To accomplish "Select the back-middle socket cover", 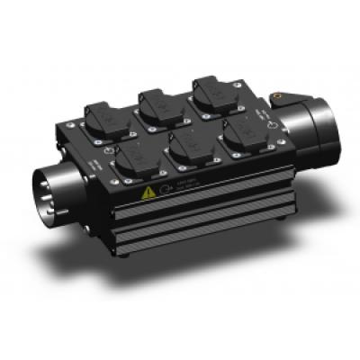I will click(157, 102).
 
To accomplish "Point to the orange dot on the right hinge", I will click(285, 93).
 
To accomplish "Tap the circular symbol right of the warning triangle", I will click(165, 188).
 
